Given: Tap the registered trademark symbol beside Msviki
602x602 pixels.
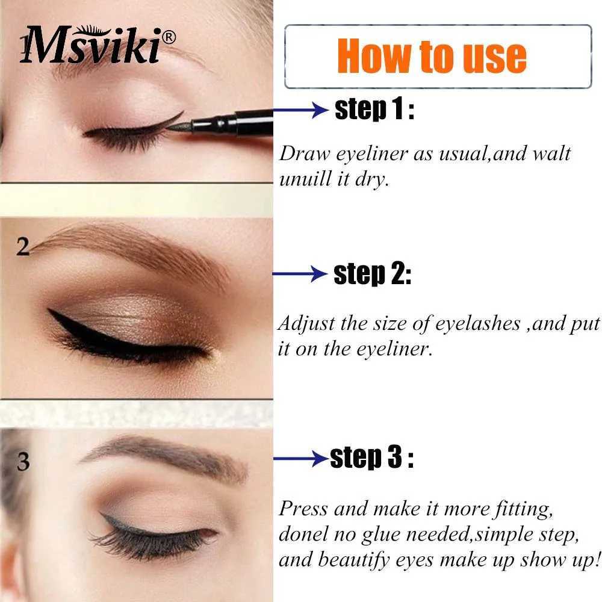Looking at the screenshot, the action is [169, 37].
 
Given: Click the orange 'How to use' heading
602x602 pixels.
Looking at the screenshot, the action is [432, 56].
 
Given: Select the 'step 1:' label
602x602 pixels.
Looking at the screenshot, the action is [374, 109].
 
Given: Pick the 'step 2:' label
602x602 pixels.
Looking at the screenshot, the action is [373, 274].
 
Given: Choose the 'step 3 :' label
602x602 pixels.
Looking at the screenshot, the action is [371, 458].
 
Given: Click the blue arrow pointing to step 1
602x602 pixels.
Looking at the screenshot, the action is [300, 110].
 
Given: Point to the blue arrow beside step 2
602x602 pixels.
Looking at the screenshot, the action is [300, 274].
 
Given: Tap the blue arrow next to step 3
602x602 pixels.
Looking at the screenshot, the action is [302, 458].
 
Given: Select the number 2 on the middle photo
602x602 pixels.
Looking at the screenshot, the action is [23, 246].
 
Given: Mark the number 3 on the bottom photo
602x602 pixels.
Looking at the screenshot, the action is [23, 462].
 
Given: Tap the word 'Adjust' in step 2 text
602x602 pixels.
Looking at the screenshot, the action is [306, 324].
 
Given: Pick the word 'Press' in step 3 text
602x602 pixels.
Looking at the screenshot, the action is [303, 509].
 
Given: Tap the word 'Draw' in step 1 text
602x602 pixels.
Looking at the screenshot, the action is [304, 154].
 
